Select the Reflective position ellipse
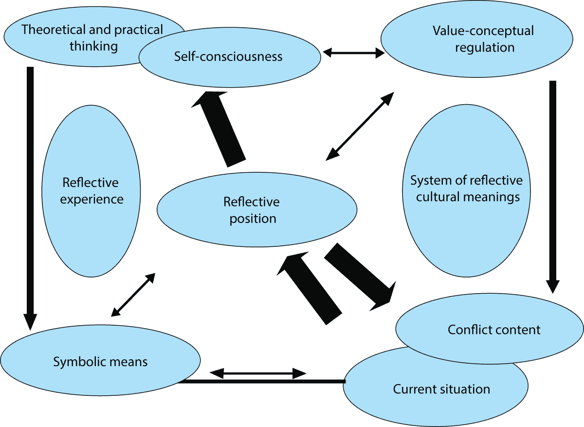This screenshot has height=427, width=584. (256, 210)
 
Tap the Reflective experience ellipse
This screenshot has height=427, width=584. (91, 191)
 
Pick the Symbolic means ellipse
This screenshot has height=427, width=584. (100, 361)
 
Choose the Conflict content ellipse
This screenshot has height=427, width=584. (493, 330)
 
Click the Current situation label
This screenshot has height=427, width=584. (441, 390)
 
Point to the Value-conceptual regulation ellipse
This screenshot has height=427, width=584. (483, 39)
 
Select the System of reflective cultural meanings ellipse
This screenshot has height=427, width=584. (466, 189)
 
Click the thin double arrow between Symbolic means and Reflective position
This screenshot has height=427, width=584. (133, 295)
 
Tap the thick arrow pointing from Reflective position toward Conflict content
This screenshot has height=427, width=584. (361, 277)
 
